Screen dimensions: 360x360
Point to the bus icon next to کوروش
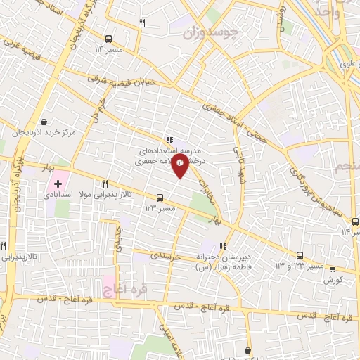click(x=333, y=269)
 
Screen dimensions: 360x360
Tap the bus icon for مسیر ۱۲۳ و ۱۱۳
click(x=300, y=256)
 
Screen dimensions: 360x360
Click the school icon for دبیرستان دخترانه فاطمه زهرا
click(x=223, y=247)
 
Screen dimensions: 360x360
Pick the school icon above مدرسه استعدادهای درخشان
click(x=169, y=141)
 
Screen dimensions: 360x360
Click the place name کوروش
click(x=333, y=279)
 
